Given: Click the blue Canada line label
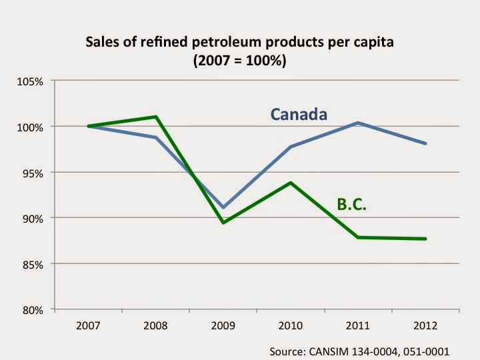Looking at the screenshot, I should click(299, 114).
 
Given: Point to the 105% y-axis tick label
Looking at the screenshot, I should click(29, 81).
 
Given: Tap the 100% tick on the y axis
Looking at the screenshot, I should click(29, 127).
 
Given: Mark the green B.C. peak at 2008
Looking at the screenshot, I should click(155, 117).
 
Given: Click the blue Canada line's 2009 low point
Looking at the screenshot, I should click(223, 207).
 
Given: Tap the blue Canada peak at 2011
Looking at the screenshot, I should click(358, 123).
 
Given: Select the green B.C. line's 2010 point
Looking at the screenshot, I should click(291, 183).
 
